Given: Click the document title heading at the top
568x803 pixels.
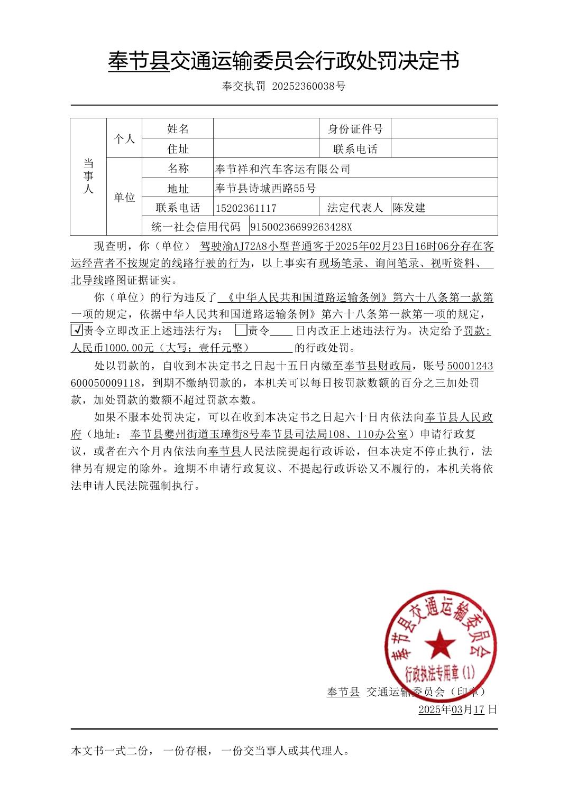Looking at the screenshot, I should click(283, 61).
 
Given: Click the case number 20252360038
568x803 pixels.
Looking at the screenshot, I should click(305, 86).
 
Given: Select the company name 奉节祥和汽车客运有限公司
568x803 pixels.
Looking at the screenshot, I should click(283, 169).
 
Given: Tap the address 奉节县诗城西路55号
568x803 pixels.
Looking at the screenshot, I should click(266, 188).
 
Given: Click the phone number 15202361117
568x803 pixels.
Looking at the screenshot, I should click(246, 208).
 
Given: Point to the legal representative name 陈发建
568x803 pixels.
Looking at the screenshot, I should click(409, 208).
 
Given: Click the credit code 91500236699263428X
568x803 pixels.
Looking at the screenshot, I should click(301, 227).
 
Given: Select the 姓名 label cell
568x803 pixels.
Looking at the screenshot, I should click(178, 129).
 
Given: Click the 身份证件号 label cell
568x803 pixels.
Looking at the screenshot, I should click(355, 129).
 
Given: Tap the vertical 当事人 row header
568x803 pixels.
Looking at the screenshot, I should click(88, 176).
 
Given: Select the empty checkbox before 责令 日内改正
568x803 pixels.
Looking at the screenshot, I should click(241, 331).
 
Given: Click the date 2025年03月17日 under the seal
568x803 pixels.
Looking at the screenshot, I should click(457, 709).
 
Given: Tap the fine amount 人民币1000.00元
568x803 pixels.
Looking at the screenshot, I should click(112, 348).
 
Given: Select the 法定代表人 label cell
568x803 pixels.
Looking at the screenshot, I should click(355, 208).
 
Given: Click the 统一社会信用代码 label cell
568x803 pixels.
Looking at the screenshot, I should click(195, 227).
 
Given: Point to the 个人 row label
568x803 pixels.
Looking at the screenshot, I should click(124, 139).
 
